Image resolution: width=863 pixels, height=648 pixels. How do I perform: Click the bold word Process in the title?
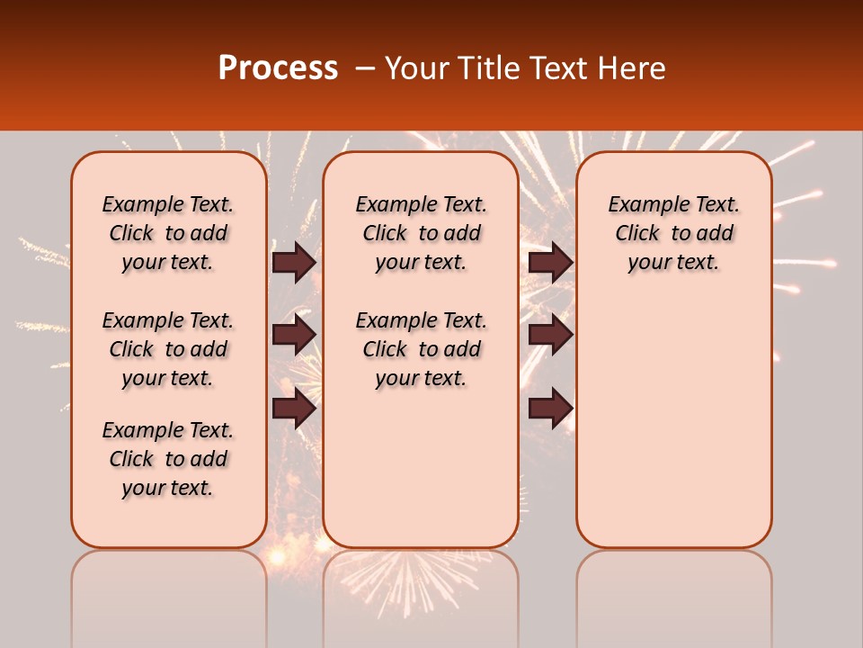pyautogui.click(x=278, y=68)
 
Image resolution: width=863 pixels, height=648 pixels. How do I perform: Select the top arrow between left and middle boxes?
pyautogui.click(x=294, y=262)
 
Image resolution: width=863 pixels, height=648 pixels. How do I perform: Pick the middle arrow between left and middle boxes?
pyautogui.click(x=294, y=335)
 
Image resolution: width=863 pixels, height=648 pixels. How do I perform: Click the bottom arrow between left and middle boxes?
pyautogui.click(x=294, y=409)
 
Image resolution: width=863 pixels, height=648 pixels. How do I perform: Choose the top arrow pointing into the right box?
pyautogui.click(x=550, y=262)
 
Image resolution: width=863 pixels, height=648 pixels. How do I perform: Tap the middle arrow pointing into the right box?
pyautogui.click(x=550, y=335)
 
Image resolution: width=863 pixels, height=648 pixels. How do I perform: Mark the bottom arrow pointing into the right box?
pyautogui.click(x=550, y=409)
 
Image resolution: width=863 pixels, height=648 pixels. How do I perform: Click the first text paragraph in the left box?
pyautogui.click(x=168, y=233)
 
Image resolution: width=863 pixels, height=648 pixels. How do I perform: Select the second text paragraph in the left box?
pyautogui.click(x=168, y=349)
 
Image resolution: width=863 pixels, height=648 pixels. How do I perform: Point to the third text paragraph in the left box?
pyautogui.click(x=168, y=459)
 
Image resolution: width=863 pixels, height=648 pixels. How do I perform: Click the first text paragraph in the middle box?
pyautogui.click(x=422, y=233)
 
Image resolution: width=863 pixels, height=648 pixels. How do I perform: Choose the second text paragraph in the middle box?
pyautogui.click(x=422, y=349)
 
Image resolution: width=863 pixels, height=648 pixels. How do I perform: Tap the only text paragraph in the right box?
pyautogui.click(x=674, y=233)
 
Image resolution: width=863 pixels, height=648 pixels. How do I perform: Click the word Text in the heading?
pyautogui.click(x=558, y=68)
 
